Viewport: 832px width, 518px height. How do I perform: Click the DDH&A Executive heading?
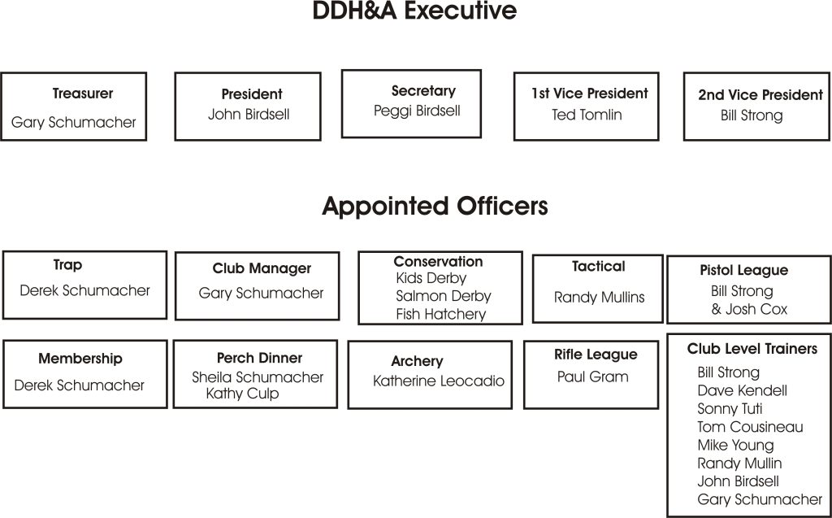[x=414, y=11]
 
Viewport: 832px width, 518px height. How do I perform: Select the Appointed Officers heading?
[x=435, y=207]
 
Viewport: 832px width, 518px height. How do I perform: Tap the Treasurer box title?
[x=83, y=94]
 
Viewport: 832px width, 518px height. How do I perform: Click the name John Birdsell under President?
[x=249, y=114]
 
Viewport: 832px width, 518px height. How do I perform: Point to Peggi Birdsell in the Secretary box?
[x=417, y=111]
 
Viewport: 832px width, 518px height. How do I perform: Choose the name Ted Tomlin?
[x=587, y=115]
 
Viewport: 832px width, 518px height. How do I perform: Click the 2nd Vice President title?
[x=760, y=94]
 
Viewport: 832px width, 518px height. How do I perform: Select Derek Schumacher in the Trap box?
[x=84, y=290]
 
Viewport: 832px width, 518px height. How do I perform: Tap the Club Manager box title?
[x=262, y=269]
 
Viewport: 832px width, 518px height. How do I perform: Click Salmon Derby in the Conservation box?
[x=444, y=296]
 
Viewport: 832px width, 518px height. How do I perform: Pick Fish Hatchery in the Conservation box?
[x=441, y=315]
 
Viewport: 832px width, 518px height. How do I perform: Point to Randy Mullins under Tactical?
[x=599, y=298]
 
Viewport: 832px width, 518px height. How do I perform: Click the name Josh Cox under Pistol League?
[x=756, y=309]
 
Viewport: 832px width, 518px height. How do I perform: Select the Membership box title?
[x=80, y=359]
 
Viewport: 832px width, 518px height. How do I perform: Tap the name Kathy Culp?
[x=242, y=394]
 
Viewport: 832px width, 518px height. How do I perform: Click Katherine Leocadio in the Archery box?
[x=438, y=381]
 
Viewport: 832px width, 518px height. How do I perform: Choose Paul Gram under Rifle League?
[x=592, y=377]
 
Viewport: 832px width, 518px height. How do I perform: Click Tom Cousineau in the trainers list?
[x=750, y=427]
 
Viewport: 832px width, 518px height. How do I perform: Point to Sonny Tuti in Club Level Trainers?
[x=730, y=409]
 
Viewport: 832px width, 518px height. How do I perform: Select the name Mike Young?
[x=735, y=446]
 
